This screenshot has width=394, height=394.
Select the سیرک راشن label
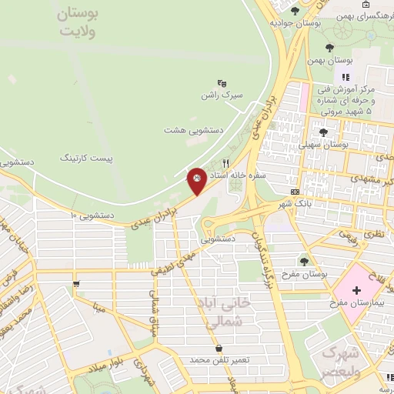coord(222,95)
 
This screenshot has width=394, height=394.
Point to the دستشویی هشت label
coord(194,130)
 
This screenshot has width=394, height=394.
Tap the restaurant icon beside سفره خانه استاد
coord(225,163)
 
